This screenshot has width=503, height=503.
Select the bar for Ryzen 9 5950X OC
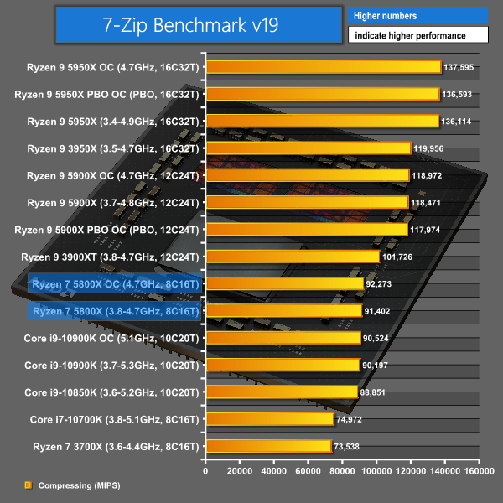pos(323,67)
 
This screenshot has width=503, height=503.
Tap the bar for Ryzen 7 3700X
pos(269,446)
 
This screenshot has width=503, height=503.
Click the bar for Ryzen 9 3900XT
pos(293,257)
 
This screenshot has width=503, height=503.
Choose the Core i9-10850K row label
pos(112,392)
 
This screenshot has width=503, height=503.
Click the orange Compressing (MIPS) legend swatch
pos(28,485)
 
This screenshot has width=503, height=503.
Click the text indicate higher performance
pos(417,35)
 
